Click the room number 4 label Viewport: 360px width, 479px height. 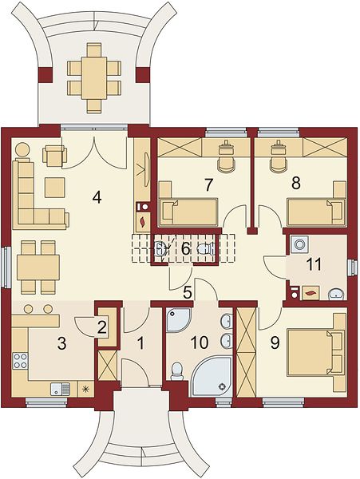(97, 198)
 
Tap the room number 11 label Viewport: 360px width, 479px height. (315, 264)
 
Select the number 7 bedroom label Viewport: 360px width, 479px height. (208, 184)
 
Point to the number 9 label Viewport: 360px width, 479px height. (275, 342)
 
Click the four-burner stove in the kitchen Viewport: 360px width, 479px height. (21, 361)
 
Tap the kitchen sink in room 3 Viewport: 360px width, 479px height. (60, 390)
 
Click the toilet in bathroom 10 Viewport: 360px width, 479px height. (176, 371)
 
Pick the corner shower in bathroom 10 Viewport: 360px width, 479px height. (178, 320)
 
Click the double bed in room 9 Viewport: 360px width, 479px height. (315, 352)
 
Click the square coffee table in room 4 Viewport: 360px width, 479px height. (55, 188)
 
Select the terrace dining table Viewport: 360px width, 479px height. (93, 77)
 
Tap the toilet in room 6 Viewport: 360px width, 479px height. (206, 249)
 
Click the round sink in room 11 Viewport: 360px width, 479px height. (336, 295)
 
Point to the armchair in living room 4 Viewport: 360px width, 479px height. (54, 156)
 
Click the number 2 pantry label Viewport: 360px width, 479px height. (101, 327)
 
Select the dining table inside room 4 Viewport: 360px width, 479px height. (38, 268)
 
